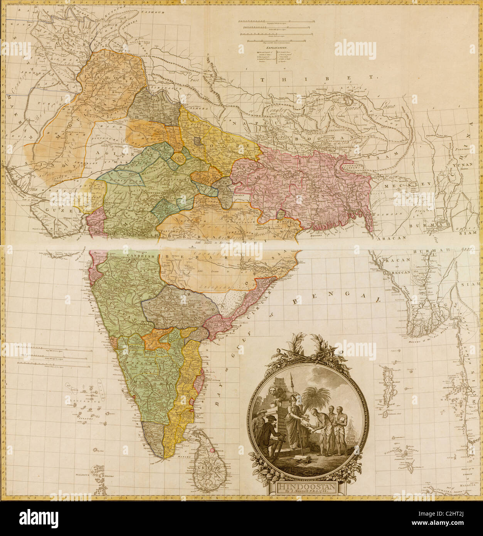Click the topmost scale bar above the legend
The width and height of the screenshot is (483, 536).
coord(274,19)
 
